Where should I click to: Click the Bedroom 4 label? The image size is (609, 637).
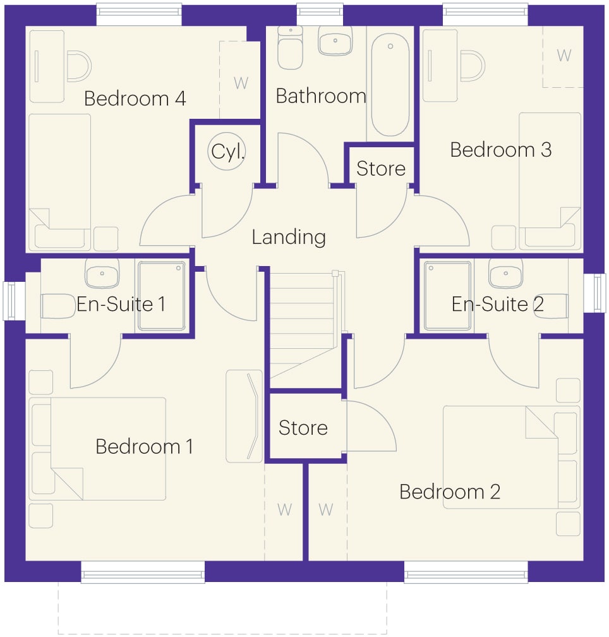(135, 99)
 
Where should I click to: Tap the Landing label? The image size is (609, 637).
(289, 237)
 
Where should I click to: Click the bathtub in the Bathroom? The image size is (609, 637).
(390, 85)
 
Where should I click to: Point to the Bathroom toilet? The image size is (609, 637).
(291, 47)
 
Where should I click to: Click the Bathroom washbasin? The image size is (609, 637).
(335, 40)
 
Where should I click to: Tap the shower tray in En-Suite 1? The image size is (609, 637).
(162, 295)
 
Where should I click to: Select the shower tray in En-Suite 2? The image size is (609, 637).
(448, 295)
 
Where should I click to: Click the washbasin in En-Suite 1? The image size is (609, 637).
(102, 272)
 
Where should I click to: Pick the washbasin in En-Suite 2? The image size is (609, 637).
(505, 272)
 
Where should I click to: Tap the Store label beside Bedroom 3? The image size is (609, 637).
(381, 169)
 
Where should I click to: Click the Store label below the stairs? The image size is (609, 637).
(303, 428)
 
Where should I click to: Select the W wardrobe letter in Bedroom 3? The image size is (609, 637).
(564, 55)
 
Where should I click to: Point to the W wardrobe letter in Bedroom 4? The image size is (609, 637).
(241, 83)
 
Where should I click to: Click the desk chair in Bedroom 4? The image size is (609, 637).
(79, 66)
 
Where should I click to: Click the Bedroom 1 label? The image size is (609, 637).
(144, 447)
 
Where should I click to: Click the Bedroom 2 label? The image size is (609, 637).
(449, 492)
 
